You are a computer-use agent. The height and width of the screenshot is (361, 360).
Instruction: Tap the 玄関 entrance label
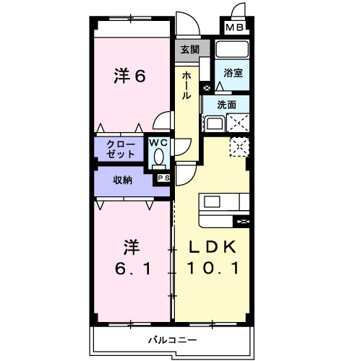pos(190,50)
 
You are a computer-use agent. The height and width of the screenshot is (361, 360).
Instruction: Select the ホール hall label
pos(187,86)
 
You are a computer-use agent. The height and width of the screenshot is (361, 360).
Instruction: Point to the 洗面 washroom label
pos(226,105)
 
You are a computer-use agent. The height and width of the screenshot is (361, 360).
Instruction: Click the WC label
pos(158,143)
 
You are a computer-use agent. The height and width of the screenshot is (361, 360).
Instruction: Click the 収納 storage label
pos(122,180)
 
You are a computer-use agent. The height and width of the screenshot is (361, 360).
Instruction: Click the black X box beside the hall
pos(207,88)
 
